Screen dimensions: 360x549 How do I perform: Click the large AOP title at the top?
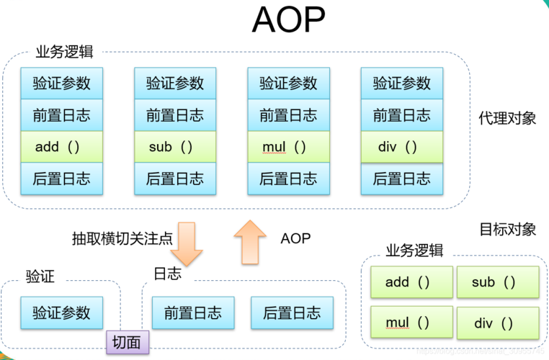pos(288,21)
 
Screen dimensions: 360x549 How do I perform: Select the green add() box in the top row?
pos(62,147)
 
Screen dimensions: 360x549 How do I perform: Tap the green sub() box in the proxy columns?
pos(175,147)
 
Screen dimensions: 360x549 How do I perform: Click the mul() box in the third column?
pos(288,147)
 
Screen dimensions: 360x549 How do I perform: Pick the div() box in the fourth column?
pos(401,147)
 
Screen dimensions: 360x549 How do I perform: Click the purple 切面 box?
pos(128,342)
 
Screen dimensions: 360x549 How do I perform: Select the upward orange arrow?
pos(250,241)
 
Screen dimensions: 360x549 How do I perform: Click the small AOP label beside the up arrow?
pos(295,238)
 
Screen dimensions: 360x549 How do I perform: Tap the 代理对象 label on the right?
pos(507,118)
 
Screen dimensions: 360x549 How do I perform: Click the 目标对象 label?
pos(507,229)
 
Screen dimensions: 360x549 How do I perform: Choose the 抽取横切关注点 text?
pos(122,238)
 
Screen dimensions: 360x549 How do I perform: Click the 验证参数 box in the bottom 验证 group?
pos(62,312)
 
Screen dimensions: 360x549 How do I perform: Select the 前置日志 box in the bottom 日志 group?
pos(192,312)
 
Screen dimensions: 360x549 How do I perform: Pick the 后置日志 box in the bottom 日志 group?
pos(292,312)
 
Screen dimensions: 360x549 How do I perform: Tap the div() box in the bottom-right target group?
pos(497,323)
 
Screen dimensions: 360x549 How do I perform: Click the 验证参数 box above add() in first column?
pos(62,84)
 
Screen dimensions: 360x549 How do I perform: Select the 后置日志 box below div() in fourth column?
pos(401,179)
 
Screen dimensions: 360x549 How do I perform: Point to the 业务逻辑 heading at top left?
pos(64,53)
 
